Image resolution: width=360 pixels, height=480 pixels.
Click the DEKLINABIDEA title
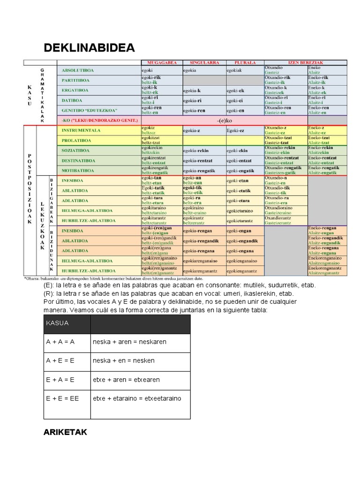click(x=89, y=48)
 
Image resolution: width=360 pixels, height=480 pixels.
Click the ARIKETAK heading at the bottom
click(x=65, y=432)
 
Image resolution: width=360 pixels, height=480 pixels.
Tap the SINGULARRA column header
click(x=204, y=62)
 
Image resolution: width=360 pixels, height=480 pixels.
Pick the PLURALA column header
click(x=245, y=62)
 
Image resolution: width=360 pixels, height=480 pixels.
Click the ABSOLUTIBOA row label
click(x=78, y=70)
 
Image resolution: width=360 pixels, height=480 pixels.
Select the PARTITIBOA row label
click(x=76, y=80)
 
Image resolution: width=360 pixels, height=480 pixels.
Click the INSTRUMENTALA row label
click(x=81, y=130)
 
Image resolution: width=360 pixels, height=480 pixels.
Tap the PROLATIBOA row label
click(x=76, y=140)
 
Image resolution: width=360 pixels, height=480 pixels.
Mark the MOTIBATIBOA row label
click(x=79, y=170)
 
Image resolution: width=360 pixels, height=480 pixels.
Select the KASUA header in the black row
click(x=57, y=323)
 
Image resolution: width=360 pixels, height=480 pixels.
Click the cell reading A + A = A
click(x=60, y=342)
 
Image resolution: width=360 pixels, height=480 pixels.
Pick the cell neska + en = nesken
click(x=123, y=360)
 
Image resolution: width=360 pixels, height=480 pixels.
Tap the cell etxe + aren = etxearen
click(x=126, y=380)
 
